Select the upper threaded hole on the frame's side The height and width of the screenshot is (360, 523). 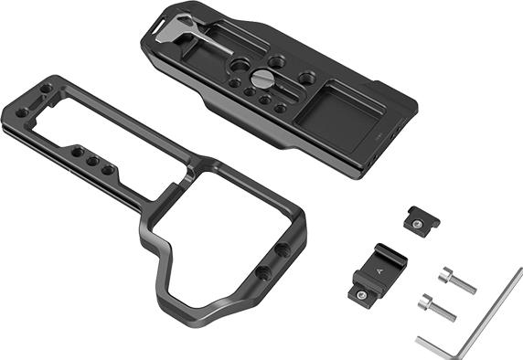coord(282,249)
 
